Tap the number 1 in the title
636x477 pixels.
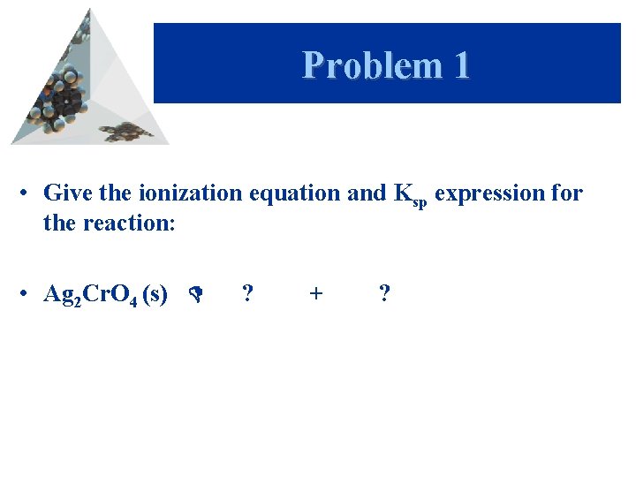click(x=460, y=65)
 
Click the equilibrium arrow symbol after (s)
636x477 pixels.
click(x=197, y=295)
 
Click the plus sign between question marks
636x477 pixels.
click(x=316, y=294)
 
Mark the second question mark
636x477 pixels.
click(x=383, y=293)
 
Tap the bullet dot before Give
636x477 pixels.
click(x=29, y=193)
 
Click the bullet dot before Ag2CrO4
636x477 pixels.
click(x=29, y=294)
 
